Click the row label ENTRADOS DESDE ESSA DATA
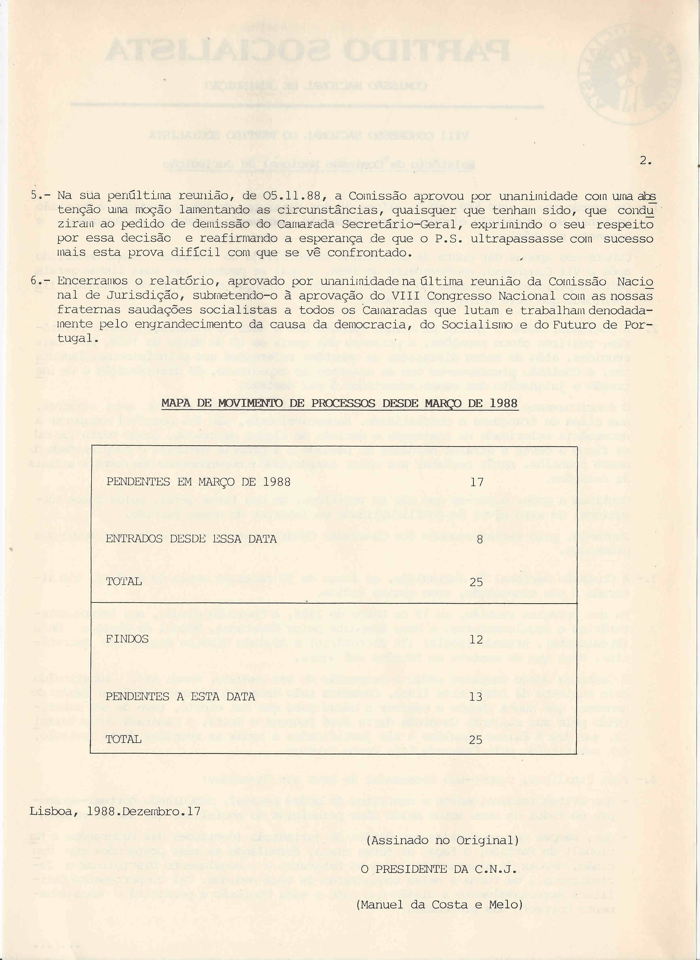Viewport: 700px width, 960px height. click(191, 539)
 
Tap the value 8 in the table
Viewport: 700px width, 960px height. click(479, 540)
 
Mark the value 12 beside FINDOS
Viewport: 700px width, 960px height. click(477, 640)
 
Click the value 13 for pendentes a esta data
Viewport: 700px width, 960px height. click(477, 697)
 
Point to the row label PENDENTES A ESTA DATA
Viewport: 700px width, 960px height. click(180, 696)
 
